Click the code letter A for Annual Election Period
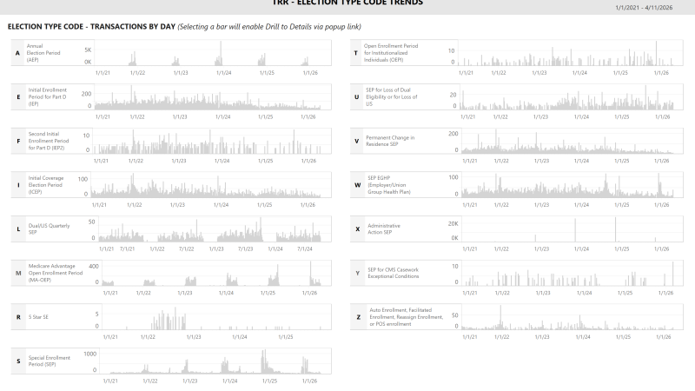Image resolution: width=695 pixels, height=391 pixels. pyautogui.click(x=17, y=54)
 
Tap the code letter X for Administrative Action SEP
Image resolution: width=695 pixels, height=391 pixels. pyautogui.click(x=357, y=229)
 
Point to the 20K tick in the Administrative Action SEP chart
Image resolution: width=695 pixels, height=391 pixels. pyautogui.click(x=453, y=223)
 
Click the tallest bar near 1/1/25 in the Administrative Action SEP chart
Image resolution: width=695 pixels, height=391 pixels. pyautogui.click(x=615, y=229)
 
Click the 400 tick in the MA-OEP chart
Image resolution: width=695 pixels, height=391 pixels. pyautogui.click(x=94, y=267)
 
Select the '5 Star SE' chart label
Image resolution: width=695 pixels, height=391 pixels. pyautogui.click(x=39, y=317)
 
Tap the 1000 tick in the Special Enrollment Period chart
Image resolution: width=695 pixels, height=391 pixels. pyautogui.click(x=89, y=354)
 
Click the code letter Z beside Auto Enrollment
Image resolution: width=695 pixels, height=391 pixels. pyautogui.click(x=357, y=317)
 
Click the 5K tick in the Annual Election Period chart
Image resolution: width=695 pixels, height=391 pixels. pyautogui.click(x=88, y=50)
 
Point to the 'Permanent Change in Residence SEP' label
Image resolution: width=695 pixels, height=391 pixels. pyautogui.click(x=390, y=141)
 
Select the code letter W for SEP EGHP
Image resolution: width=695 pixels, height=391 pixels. pyautogui.click(x=357, y=185)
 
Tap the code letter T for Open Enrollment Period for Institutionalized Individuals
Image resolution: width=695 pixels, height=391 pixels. pyautogui.click(x=357, y=54)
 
